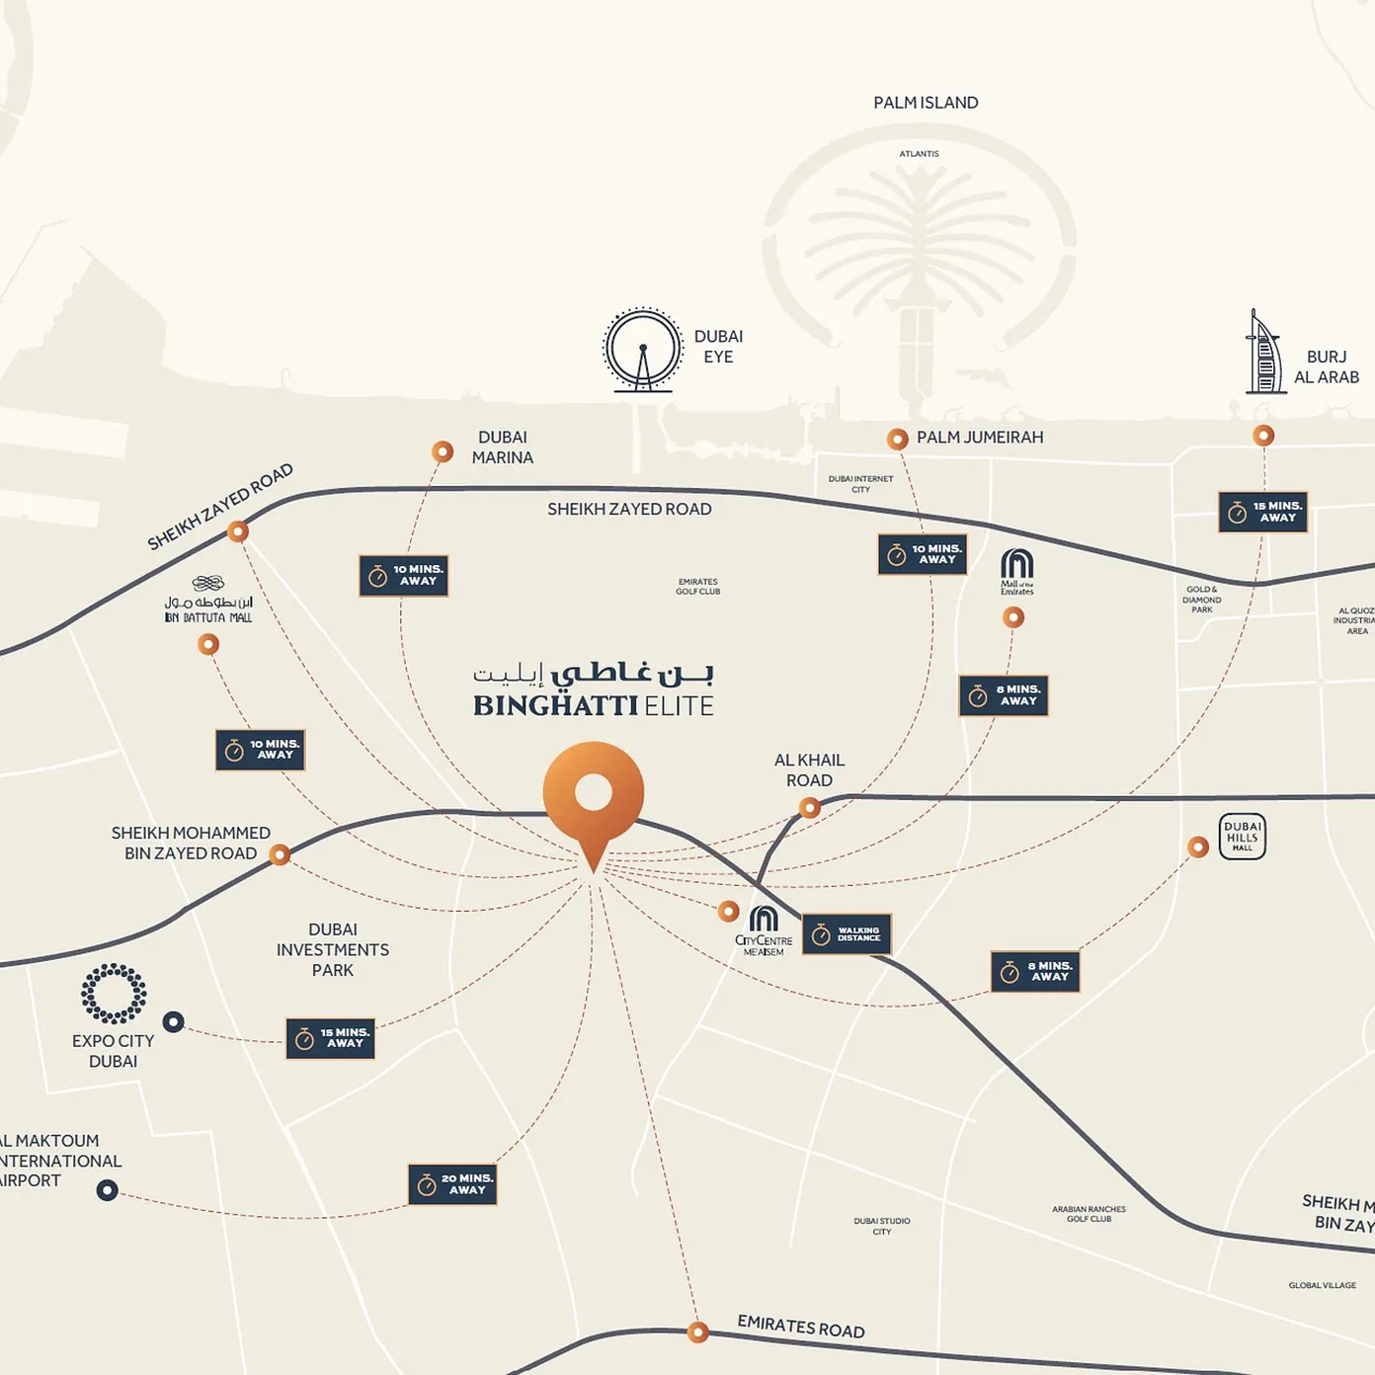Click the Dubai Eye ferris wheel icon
(x=643, y=351)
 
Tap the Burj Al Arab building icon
(x=1263, y=354)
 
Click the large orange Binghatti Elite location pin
(x=593, y=796)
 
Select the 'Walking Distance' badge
(x=847, y=933)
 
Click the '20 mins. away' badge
(x=452, y=1184)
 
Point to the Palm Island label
(x=926, y=103)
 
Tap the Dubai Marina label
(x=503, y=447)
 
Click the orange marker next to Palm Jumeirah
(x=897, y=439)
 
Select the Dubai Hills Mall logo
(x=1242, y=838)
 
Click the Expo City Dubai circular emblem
(x=114, y=994)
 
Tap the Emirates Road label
(x=801, y=1328)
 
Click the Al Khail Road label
(x=809, y=770)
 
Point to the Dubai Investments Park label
(x=333, y=950)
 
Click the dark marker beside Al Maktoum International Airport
(x=107, y=1190)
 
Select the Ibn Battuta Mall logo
(x=208, y=601)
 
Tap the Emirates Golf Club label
(x=697, y=587)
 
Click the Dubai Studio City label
(x=882, y=1226)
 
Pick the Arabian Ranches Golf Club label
(x=1089, y=1214)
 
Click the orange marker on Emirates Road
(x=697, y=1332)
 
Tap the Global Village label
(x=1322, y=1285)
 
